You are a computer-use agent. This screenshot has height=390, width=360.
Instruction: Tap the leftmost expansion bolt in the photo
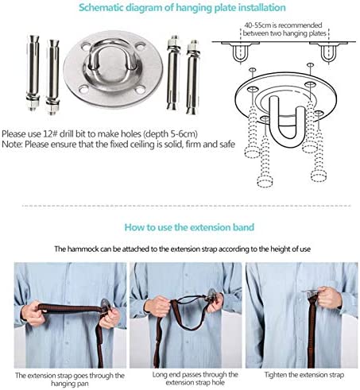[x=33, y=73]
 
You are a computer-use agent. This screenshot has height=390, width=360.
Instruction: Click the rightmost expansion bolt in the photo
[x=192, y=77]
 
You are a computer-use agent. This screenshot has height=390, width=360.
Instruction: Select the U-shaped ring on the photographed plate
[x=110, y=58]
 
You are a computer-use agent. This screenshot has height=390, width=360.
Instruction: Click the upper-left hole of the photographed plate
[x=85, y=47]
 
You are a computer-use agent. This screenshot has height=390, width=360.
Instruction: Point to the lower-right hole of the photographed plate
[x=140, y=90]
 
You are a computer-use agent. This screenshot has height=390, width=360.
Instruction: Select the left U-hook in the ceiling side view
[x=241, y=53]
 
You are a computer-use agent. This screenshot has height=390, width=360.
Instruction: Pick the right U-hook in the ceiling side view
[x=329, y=53]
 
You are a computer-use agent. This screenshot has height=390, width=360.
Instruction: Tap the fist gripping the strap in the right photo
[x=328, y=298]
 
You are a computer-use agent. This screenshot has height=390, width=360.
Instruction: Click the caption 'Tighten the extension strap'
[x=304, y=375]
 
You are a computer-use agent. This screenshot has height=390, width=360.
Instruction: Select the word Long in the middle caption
[x=160, y=375]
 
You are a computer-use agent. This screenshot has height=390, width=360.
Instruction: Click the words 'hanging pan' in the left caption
[x=70, y=384]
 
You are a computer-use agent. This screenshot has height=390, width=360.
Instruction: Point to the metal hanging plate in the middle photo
[x=212, y=295]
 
